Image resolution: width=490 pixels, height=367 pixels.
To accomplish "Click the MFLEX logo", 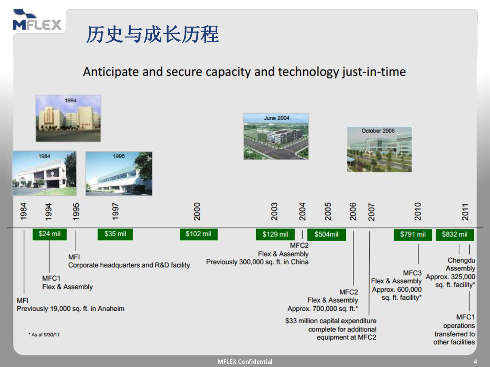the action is click(x=37, y=20).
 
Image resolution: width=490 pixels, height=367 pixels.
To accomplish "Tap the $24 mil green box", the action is click(x=49, y=234).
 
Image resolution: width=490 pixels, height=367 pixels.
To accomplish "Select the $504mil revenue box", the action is click(x=327, y=234).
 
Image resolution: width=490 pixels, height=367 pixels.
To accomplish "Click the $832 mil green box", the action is click(x=455, y=234).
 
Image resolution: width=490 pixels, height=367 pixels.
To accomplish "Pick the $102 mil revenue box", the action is click(x=199, y=234).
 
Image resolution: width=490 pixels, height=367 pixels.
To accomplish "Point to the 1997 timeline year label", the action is click(x=115, y=211).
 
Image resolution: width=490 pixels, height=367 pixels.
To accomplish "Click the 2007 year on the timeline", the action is click(x=371, y=212).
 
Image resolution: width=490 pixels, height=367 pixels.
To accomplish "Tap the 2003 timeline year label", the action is click(x=274, y=212).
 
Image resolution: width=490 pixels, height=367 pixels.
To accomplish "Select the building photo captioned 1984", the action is click(x=44, y=173).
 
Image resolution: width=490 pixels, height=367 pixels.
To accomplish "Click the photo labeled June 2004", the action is click(x=276, y=136).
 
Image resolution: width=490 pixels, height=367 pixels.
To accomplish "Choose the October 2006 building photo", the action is click(x=379, y=149).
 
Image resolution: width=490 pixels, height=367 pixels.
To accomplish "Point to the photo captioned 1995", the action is click(x=119, y=174).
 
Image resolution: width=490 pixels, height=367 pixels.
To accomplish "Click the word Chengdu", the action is click(x=461, y=260).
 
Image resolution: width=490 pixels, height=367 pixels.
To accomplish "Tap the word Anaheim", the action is click(x=111, y=309).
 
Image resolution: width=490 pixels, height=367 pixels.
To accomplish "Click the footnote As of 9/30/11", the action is click(x=44, y=335).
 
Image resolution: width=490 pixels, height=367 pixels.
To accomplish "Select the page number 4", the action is click(x=475, y=361).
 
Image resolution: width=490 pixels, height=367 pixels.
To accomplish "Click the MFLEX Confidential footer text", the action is click(x=245, y=361).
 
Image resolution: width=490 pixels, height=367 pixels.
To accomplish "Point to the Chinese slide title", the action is click(x=153, y=34).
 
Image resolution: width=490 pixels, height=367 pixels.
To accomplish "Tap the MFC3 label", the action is click(x=412, y=273).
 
